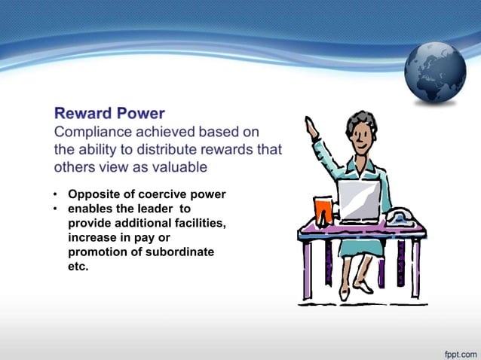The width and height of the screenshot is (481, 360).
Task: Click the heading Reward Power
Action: [x=109, y=114]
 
